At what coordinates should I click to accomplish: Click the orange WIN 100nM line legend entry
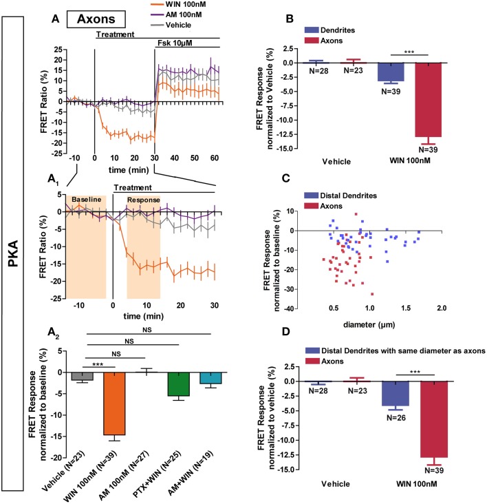click(169, 6)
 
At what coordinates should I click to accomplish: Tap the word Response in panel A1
click(144, 200)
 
